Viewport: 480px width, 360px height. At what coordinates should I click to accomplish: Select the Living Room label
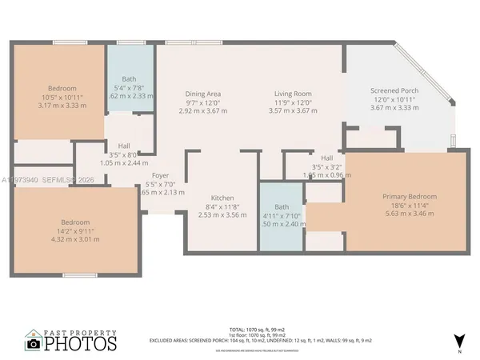coord(293,94)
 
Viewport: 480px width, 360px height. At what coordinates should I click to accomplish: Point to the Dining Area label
coord(203,94)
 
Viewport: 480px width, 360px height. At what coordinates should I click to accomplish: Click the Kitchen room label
coord(222,198)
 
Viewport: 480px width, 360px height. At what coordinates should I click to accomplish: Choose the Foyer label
coord(161,175)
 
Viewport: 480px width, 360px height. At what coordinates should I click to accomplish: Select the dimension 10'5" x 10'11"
coord(62,97)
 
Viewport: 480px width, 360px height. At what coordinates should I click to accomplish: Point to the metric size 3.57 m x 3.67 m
coord(293,110)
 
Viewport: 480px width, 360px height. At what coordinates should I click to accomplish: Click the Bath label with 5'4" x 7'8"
coord(129,78)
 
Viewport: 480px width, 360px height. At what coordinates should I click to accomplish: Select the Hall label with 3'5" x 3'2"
coord(327,158)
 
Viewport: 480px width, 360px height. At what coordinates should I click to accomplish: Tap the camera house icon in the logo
coord(34,342)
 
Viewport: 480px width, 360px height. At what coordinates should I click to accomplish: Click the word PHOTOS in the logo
coord(81,344)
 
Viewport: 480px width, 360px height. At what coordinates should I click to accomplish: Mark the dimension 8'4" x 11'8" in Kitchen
coord(222,206)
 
